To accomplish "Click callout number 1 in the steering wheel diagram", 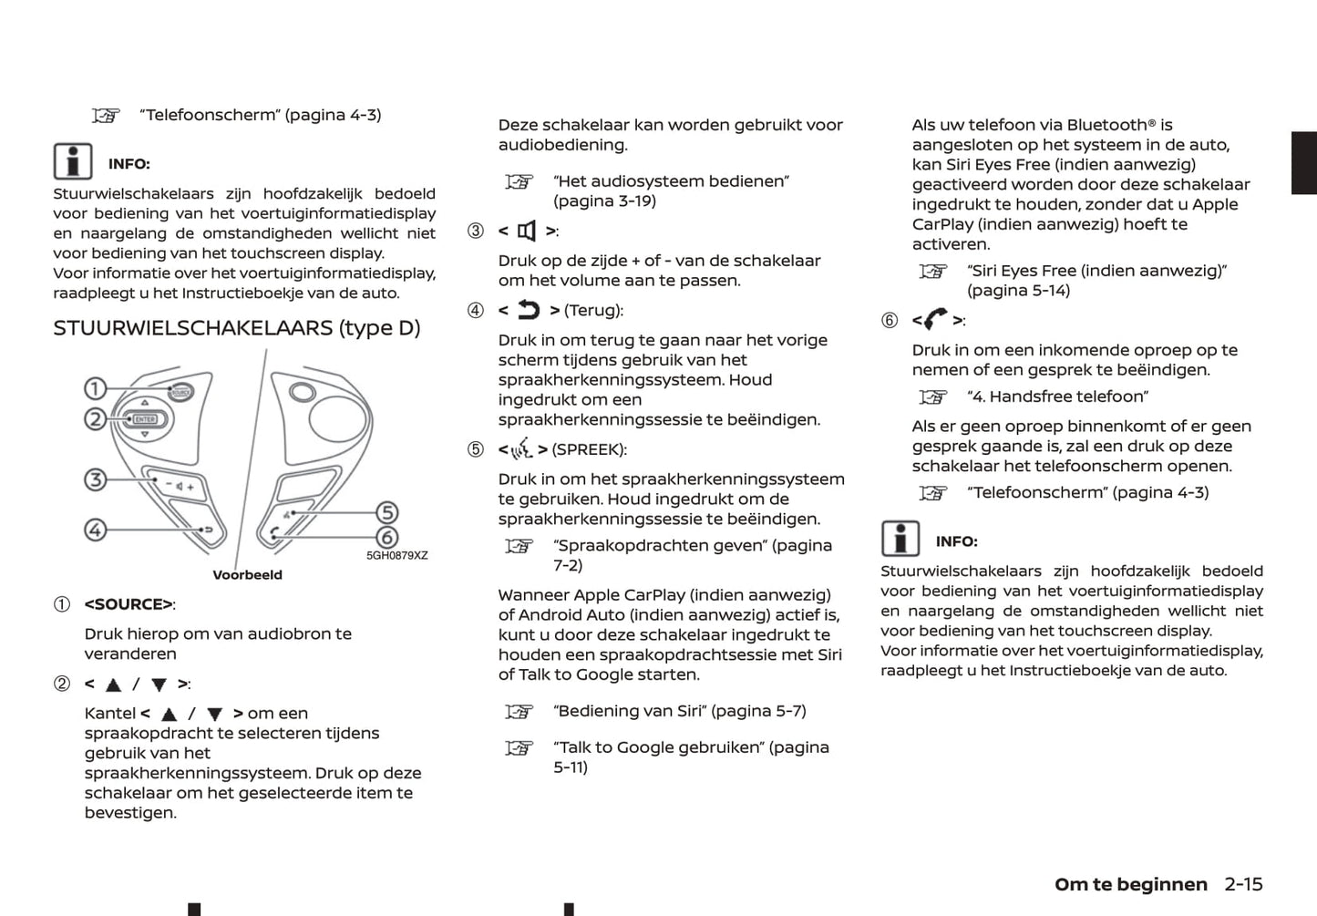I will click(96, 389).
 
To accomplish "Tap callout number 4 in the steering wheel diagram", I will click(96, 530).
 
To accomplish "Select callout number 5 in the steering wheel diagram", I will click(387, 513).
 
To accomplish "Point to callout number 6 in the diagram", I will click(387, 538).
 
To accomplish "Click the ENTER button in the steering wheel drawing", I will click(146, 419).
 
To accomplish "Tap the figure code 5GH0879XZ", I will click(396, 555).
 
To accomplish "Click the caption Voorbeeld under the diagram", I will click(247, 575).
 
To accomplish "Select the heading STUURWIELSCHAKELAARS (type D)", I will click(236, 328).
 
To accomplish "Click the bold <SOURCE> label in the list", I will click(129, 604).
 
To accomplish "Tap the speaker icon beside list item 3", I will click(527, 232).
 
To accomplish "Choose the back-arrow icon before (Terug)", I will click(529, 311).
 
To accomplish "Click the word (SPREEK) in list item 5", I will click(589, 449).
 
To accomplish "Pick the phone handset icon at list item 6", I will click(935, 320).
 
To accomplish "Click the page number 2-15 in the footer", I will click(1243, 884).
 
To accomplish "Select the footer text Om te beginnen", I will click(1130, 884).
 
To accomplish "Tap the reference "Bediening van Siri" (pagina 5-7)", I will click(679, 711).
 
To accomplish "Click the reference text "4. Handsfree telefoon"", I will click(1057, 396).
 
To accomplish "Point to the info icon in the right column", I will click(900, 539).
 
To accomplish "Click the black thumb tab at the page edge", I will click(1303, 163).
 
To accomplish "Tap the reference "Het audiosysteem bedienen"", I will click(671, 181).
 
